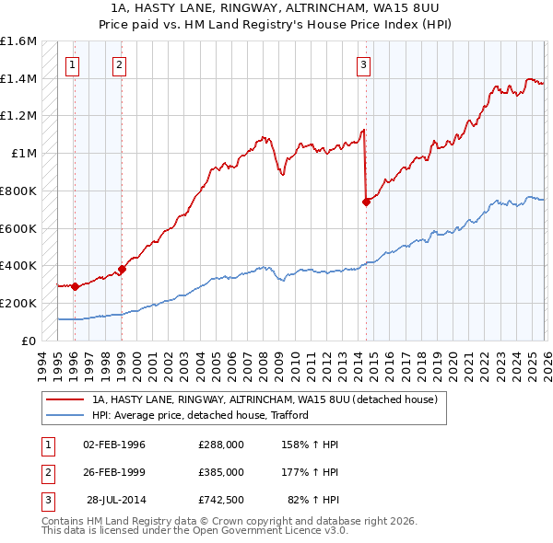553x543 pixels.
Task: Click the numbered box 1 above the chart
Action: click(x=73, y=64)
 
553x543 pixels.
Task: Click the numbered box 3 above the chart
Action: click(x=364, y=64)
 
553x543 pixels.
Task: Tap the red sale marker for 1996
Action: click(x=74, y=286)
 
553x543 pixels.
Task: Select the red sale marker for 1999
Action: click(x=121, y=269)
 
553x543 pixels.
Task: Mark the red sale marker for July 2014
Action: click(x=366, y=202)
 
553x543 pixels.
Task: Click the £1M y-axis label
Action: click(x=24, y=154)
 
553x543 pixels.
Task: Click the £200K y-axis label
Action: click(x=18, y=303)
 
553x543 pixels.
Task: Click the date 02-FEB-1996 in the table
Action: click(x=114, y=445)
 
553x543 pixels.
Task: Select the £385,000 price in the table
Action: click(x=220, y=472)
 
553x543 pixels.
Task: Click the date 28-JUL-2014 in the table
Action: click(x=115, y=500)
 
